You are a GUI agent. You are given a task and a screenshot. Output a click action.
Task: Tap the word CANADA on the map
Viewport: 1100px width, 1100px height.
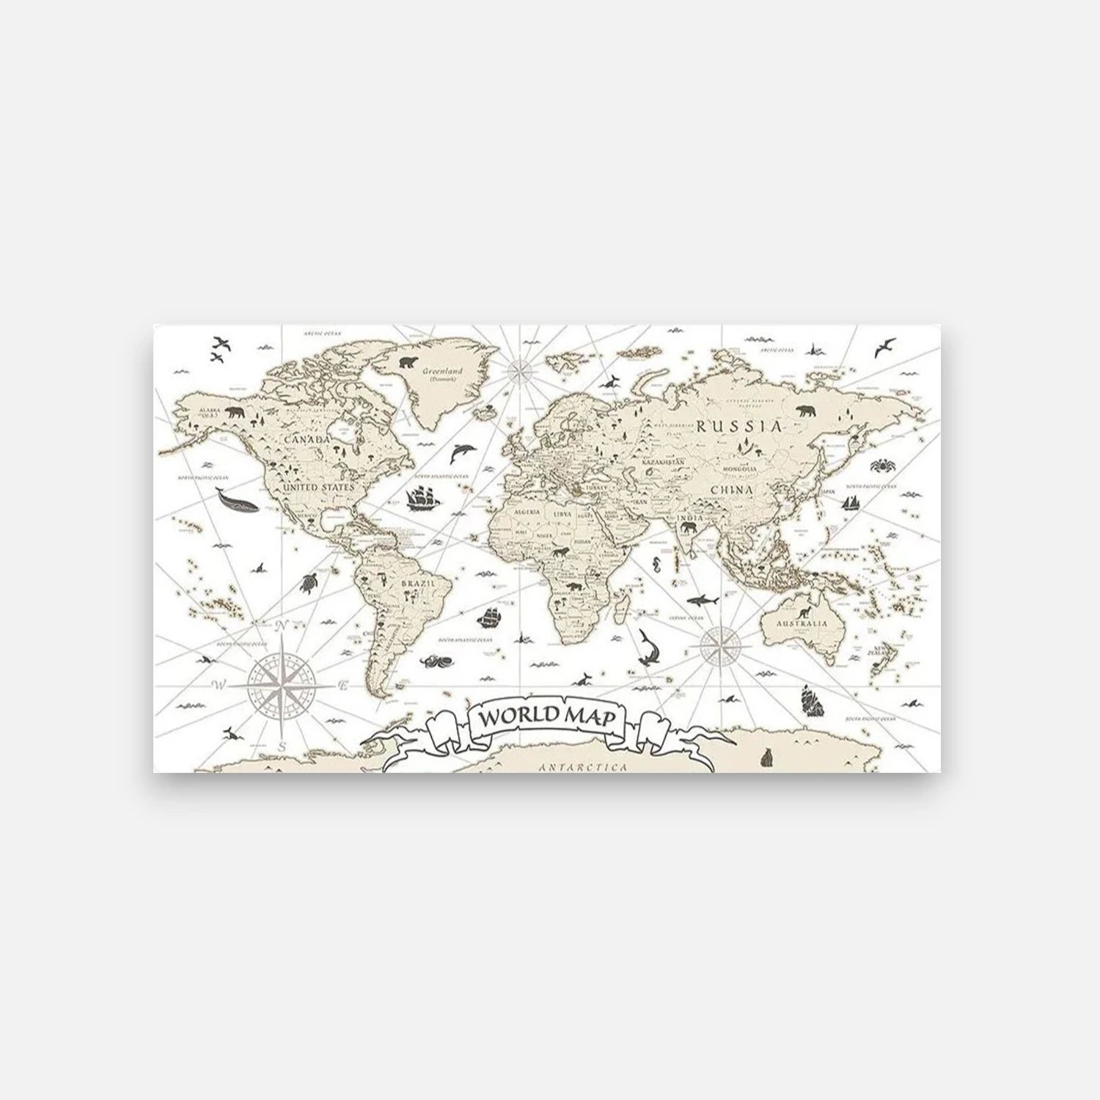tap(302, 439)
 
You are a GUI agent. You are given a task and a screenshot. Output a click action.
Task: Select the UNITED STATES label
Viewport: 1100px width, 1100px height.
tap(318, 487)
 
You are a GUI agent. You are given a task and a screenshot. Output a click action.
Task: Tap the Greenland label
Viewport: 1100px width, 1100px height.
tap(440, 372)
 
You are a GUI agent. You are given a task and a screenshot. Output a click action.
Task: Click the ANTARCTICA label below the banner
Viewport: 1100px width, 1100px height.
tap(584, 767)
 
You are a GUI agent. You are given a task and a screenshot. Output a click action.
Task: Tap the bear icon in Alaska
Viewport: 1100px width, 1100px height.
tap(235, 414)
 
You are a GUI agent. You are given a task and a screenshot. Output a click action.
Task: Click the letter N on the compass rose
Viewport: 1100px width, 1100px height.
tap(279, 626)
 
